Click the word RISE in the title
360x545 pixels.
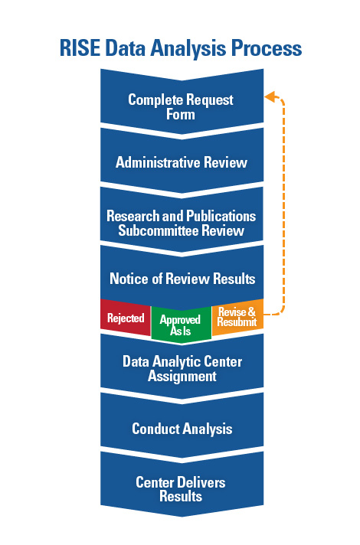pyautogui.click(x=80, y=48)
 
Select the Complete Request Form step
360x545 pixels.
pyautogui.click(x=182, y=102)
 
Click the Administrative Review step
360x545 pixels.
pyautogui.click(x=182, y=161)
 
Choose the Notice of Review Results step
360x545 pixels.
pyautogui.click(x=182, y=276)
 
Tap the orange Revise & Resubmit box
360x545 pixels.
pyautogui.click(x=237, y=317)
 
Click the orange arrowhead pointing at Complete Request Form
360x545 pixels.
pyautogui.click(x=270, y=96)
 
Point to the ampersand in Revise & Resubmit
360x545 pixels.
pyautogui.click(x=251, y=312)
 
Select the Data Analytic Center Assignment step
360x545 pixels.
pyautogui.click(x=182, y=367)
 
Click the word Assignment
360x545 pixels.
pyautogui.click(x=182, y=377)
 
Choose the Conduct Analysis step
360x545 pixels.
pyautogui.click(x=182, y=426)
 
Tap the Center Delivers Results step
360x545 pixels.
pyautogui.click(x=182, y=485)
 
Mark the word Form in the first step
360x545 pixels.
pyautogui.click(x=181, y=114)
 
